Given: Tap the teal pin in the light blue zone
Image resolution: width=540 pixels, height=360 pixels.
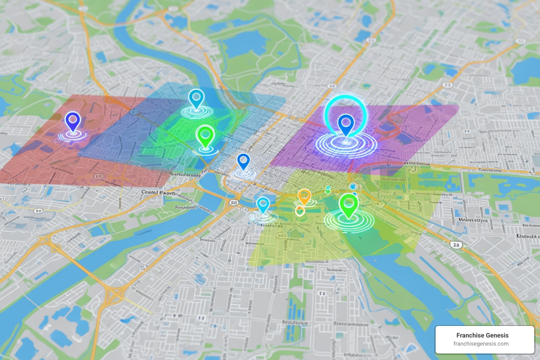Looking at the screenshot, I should [x=196, y=97].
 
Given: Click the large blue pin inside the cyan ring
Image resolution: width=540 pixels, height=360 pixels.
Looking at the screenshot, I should [x=346, y=123].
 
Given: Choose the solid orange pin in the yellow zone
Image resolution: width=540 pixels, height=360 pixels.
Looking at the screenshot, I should [x=304, y=196].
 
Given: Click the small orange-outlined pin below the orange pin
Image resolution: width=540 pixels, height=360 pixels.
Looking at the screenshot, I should [x=300, y=211].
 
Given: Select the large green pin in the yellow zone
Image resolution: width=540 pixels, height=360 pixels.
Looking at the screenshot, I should [x=348, y=204].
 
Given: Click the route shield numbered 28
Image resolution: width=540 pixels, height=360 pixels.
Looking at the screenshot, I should [x=456, y=245].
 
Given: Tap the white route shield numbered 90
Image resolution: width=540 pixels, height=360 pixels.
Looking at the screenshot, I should [x=38, y=211].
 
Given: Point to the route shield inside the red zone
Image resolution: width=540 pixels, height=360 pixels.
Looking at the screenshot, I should [x=99, y=177].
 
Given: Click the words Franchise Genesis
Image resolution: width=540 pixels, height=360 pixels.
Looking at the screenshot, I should [x=482, y=335].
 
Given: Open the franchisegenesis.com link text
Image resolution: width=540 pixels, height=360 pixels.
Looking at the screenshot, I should [x=481, y=344].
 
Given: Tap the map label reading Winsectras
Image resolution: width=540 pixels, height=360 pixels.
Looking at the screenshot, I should [x=473, y=220].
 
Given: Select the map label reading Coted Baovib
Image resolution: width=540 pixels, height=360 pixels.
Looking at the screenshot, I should [x=158, y=193].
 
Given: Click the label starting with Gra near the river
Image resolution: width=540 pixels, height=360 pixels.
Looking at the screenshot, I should [x=185, y=174].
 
